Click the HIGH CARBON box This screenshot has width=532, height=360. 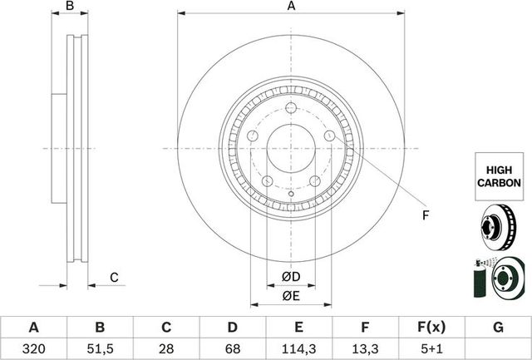click(498, 175)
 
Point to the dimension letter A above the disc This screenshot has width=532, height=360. click(291, 7)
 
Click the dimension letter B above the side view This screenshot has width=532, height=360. click(71, 7)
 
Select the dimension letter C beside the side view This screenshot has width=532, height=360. click(115, 278)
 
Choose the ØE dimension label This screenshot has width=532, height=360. click(291, 296)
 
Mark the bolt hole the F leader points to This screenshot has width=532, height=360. click(330, 136)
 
